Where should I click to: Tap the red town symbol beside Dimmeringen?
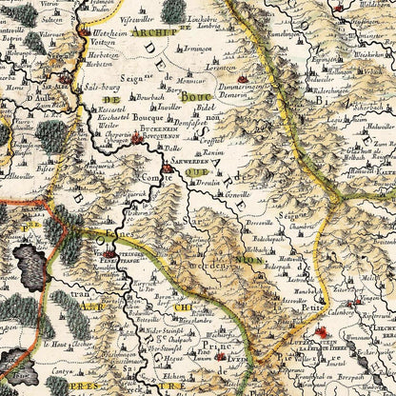point(242,78)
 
